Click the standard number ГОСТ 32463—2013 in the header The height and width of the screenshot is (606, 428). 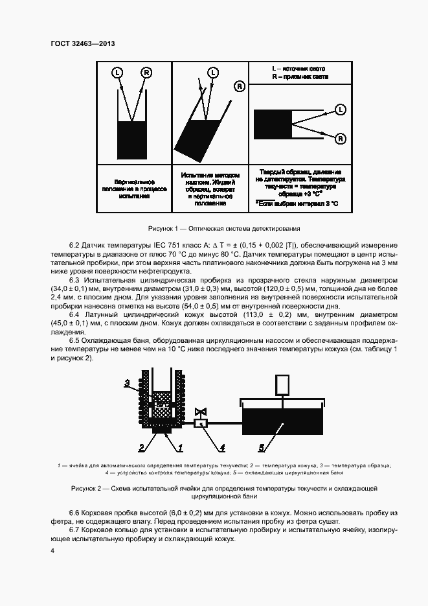82,43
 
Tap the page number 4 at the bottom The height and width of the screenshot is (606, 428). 53,551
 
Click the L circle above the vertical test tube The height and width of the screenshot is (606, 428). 117,71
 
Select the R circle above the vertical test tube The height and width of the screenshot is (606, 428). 147,71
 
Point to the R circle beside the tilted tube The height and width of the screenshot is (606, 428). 240,85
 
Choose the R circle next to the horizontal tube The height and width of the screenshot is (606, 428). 340,138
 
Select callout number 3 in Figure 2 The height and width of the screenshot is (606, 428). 128,383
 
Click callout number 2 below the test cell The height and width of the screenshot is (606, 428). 141,447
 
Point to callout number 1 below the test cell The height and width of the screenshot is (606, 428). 181,447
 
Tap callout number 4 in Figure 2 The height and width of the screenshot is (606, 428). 221,447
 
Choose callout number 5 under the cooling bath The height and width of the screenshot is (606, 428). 262,447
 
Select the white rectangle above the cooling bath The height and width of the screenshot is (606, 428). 284,385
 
